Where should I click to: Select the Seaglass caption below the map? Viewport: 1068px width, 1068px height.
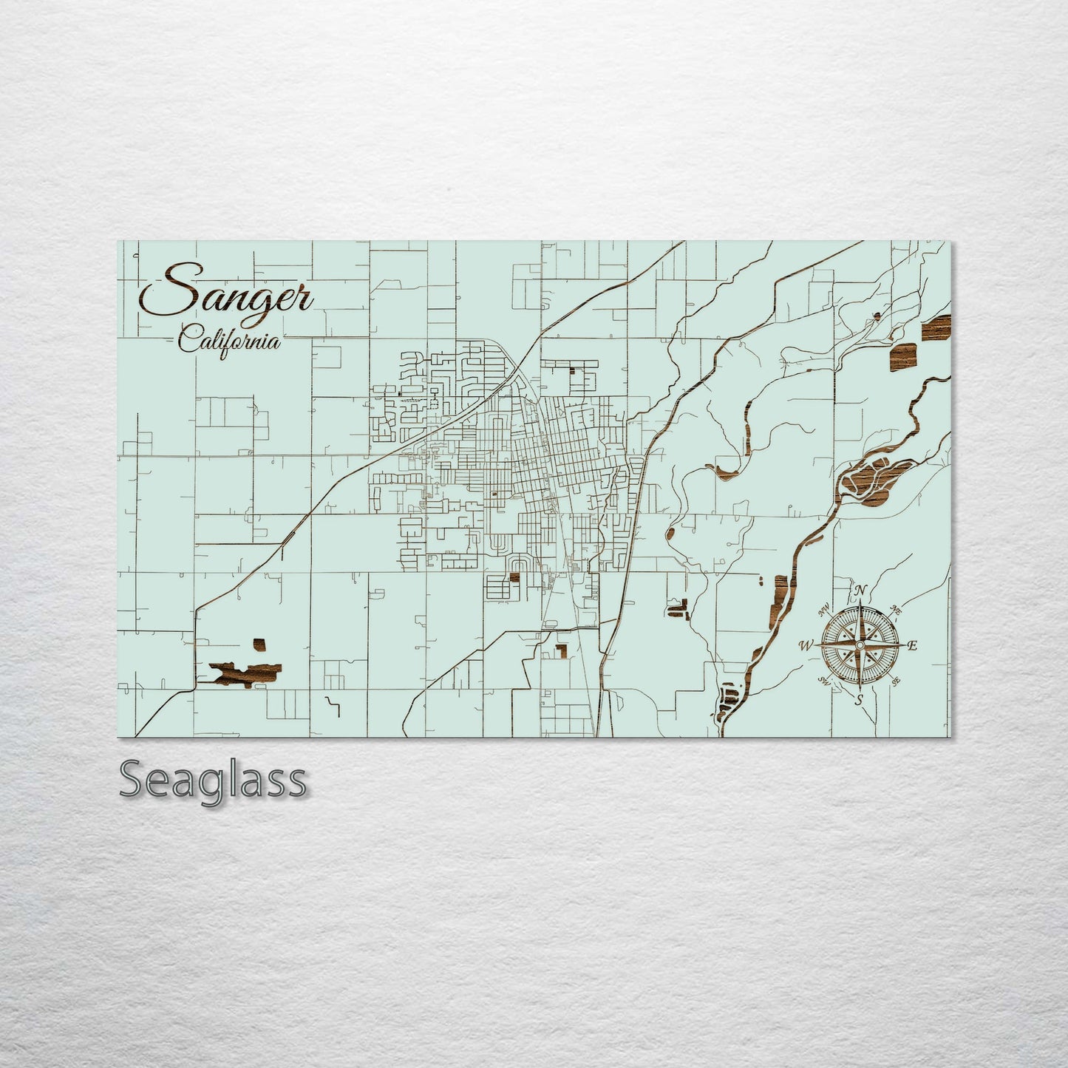(x=212, y=780)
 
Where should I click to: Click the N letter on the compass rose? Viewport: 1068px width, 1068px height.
(x=860, y=591)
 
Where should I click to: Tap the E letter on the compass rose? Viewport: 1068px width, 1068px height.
(x=912, y=645)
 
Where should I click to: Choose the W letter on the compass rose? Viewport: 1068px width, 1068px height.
(x=804, y=646)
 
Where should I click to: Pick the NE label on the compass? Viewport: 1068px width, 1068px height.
(x=897, y=611)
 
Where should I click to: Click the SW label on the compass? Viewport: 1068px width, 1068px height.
(x=823, y=681)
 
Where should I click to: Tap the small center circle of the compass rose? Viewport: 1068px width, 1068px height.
(x=860, y=645)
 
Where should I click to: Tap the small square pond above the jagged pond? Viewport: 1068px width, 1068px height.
(x=259, y=644)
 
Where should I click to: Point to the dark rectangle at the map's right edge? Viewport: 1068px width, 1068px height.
(x=937, y=327)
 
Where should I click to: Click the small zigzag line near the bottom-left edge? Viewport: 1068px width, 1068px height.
(x=333, y=705)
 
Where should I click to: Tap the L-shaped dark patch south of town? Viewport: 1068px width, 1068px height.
(x=562, y=650)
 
